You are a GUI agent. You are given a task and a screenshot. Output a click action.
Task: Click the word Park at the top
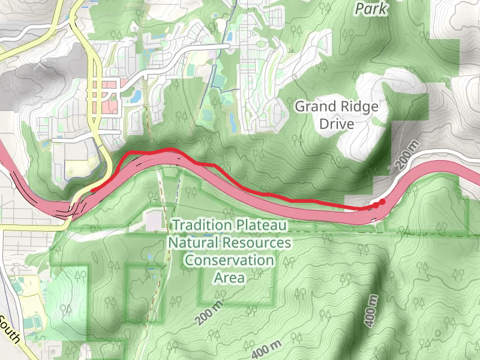(x=371, y=9)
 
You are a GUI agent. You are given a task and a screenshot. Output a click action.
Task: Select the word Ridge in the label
(x=359, y=107)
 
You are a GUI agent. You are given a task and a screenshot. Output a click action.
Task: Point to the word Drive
(x=336, y=124)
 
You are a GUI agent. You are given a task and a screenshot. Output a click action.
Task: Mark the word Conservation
(x=229, y=260)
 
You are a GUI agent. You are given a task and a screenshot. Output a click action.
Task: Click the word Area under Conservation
(x=229, y=278)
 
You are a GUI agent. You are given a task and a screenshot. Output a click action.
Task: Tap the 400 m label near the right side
(x=372, y=310)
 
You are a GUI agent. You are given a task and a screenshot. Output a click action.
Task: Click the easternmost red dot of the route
(x=382, y=202)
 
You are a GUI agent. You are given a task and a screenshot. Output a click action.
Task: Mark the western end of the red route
(x=92, y=191)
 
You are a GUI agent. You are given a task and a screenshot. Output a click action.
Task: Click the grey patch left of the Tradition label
(x=152, y=220)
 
